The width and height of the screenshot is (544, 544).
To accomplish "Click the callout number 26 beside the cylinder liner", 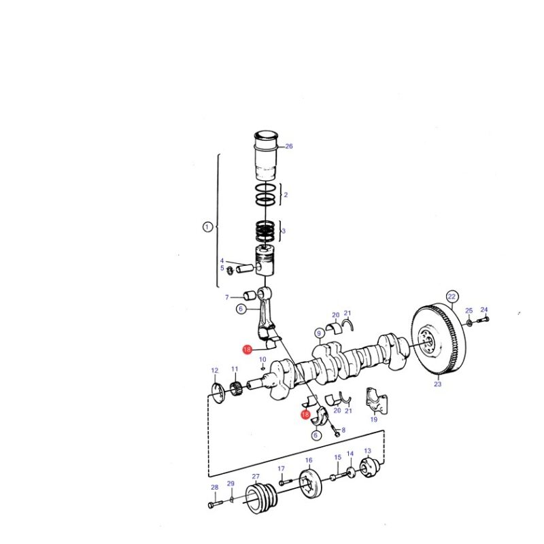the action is tap(288, 146).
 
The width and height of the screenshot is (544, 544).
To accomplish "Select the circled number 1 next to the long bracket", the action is tap(207, 227).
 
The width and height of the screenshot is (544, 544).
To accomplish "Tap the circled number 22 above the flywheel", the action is tap(452, 296).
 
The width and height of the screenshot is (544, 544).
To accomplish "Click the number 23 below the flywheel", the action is tap(437, 384).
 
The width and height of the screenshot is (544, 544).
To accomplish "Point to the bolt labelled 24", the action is tap(483, 319).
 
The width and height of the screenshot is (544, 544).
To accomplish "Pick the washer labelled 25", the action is tap(469, 324).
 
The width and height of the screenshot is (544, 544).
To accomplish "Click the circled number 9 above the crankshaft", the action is tap(319, 334).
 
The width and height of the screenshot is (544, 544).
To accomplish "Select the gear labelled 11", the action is tap(235, 387).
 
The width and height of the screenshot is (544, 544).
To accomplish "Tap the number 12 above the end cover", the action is tap(215, 371).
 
